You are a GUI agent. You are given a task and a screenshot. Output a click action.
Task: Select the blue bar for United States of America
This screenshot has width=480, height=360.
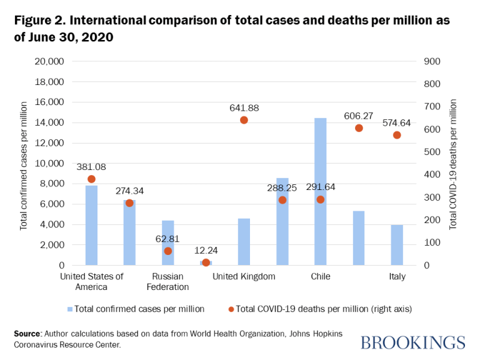click(91, 225)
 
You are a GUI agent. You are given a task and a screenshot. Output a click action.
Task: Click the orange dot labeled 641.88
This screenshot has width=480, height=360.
click(244, 120)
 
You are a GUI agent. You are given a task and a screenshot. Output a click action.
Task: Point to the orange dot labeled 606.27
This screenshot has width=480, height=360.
click(359, 128)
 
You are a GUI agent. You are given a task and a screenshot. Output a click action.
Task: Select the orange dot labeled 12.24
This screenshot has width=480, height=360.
click(206, 262)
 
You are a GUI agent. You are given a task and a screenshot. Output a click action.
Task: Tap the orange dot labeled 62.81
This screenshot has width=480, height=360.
click(167, 251)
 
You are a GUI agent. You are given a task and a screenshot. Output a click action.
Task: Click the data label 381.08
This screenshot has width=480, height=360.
click(91, 167)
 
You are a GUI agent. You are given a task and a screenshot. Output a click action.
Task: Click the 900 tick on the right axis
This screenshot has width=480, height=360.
click(432, 61)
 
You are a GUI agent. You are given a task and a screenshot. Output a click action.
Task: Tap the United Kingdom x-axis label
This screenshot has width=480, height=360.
click(244, 276)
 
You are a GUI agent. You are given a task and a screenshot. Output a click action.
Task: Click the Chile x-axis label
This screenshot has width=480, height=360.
click(320, 276)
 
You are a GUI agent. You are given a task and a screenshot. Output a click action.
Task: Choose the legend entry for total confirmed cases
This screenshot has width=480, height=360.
click(136, 308)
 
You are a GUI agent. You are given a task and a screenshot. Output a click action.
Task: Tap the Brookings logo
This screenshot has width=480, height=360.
click(413, 342)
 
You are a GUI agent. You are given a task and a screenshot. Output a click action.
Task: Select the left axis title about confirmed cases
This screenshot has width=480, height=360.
click(24, 163)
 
